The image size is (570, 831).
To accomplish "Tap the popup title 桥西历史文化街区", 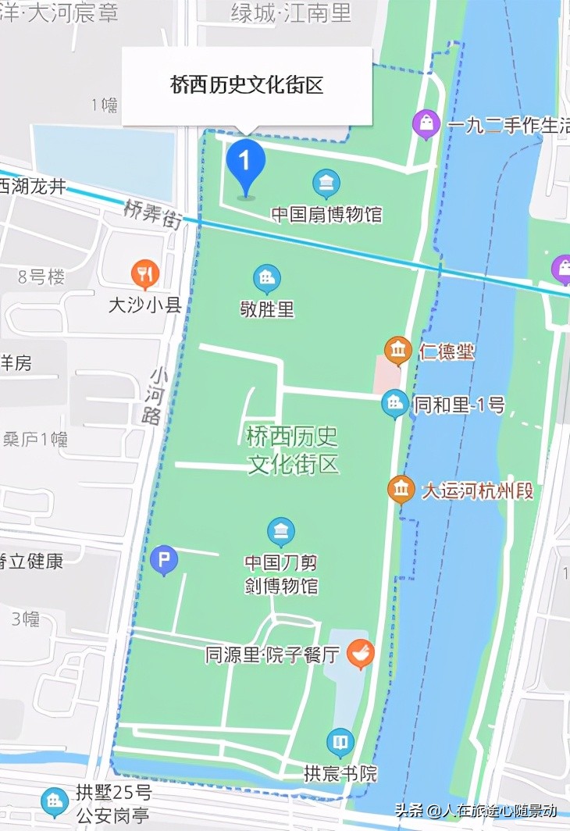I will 247,85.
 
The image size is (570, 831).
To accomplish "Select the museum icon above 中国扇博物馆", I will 326,184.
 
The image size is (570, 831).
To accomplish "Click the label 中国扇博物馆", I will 326,214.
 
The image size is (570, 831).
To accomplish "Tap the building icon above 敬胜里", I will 267,278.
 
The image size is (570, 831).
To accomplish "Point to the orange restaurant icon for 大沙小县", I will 145,273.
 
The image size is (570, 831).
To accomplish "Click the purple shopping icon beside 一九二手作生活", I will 426,123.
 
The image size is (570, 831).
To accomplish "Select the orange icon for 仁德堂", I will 398,351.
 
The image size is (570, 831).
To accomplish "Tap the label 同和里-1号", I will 458,405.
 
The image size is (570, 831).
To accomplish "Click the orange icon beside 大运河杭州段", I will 401,490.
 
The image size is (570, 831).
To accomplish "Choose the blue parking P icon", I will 164,559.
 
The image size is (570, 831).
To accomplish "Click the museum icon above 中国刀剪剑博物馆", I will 281,532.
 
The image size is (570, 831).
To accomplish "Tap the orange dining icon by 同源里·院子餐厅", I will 360,653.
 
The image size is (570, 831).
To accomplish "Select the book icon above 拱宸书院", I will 340,742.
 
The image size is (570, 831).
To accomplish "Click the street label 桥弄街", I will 152,214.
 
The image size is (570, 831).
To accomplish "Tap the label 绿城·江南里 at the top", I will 291,12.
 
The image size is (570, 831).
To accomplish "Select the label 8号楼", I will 42,276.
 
